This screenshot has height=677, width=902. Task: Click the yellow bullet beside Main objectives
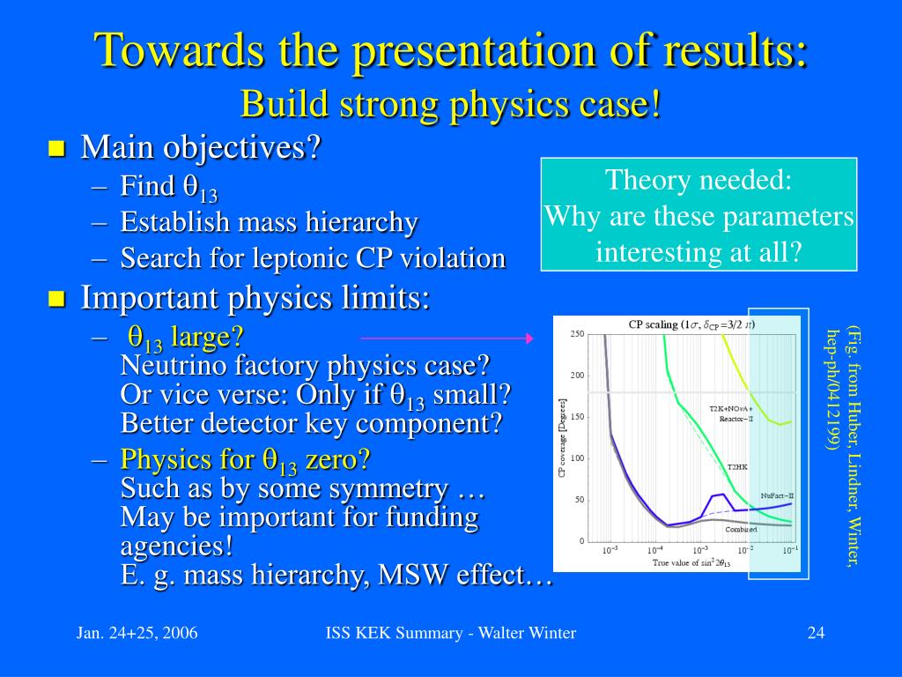56,148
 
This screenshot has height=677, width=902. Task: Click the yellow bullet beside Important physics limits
56,299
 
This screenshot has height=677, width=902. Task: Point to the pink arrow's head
529,338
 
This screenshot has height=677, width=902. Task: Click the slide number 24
816,633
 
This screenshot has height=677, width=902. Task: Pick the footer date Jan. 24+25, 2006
137,633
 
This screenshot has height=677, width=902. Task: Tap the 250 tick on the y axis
577,334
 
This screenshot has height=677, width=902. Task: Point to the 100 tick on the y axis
577,458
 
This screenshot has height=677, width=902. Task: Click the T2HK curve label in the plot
737,467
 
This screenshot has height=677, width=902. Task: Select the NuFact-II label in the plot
777,495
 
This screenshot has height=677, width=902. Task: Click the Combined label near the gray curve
741,529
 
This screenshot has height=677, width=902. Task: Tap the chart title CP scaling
653,324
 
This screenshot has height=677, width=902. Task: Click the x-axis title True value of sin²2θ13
691,562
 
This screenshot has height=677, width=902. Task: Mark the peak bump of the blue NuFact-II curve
722,494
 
